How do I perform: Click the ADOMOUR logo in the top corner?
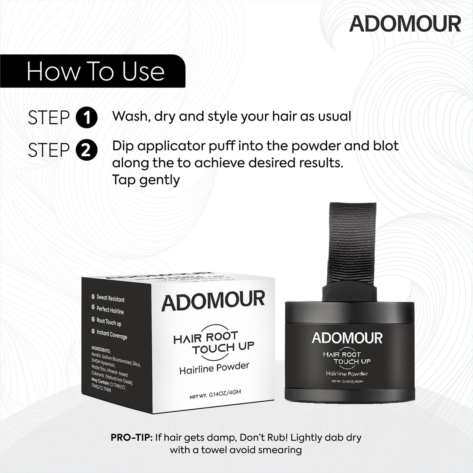405,24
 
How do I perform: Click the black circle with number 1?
86,118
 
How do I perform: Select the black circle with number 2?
86,150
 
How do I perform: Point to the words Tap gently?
146,180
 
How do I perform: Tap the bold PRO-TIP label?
132,438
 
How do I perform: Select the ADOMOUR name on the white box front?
213,300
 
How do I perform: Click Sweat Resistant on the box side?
110,298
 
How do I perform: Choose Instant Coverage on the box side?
112,334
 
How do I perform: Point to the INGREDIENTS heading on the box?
101,350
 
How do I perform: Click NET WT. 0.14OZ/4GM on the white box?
215,395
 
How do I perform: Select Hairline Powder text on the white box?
214,368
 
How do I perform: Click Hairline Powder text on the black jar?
347,374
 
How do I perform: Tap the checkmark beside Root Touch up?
93,320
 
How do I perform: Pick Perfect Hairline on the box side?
110,310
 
